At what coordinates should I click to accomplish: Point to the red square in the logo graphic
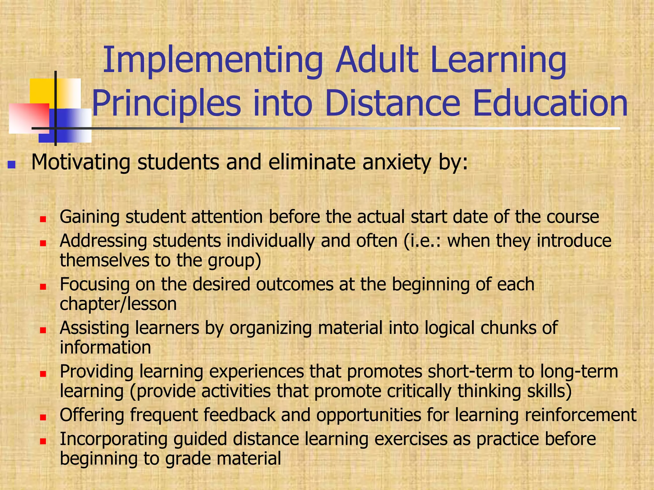29,118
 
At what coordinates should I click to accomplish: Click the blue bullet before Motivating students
11,165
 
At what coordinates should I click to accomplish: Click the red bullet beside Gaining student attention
43,219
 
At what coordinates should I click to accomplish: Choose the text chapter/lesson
118,304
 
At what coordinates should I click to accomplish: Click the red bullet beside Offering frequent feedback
43,417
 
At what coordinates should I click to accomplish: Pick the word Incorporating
113,439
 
